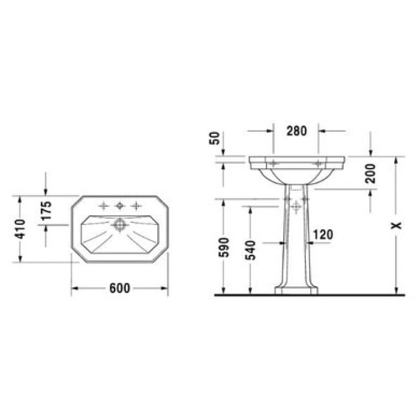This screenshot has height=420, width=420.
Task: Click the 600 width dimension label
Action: click(x=120, y=289)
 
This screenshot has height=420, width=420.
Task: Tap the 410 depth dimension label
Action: click(x=20, y=229)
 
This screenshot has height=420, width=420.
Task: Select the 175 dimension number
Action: click(x=47, y=210)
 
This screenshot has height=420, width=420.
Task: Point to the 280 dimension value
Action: click(x=296, y=131)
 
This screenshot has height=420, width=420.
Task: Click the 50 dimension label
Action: click(x=214, y=138)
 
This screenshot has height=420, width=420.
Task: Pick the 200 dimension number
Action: click(x=370, y=173)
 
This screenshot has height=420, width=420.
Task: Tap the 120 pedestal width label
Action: click(x=323, y=235)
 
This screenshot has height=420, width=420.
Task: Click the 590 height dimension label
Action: click(x=224, y=247)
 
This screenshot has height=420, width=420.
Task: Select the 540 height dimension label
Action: click(x=251, y=250)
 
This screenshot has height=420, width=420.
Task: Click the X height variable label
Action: click(x=397, y=226)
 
